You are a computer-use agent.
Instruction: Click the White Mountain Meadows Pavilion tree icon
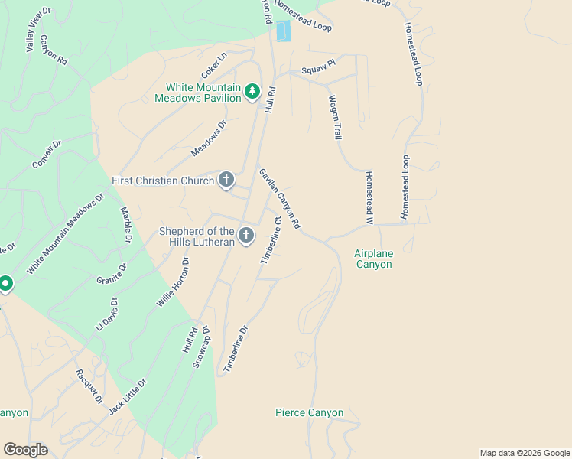[252, 93]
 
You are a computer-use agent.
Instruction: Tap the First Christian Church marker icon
[226, 181]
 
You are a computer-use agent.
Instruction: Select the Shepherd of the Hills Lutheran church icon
[246, 236]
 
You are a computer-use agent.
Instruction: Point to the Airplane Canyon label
[373, 259]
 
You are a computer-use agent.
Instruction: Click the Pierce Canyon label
[309, 413]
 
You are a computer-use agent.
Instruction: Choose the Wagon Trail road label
[334, 117]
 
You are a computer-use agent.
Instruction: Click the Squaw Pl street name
[318, 69]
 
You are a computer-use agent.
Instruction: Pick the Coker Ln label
[215, 65]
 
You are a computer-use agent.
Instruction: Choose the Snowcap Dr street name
[201, 347]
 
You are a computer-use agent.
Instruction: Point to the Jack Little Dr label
[127, 396]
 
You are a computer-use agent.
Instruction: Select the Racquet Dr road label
[89, 386]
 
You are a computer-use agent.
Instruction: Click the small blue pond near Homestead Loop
[283, 31]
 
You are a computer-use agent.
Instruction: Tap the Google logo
[25, 450]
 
